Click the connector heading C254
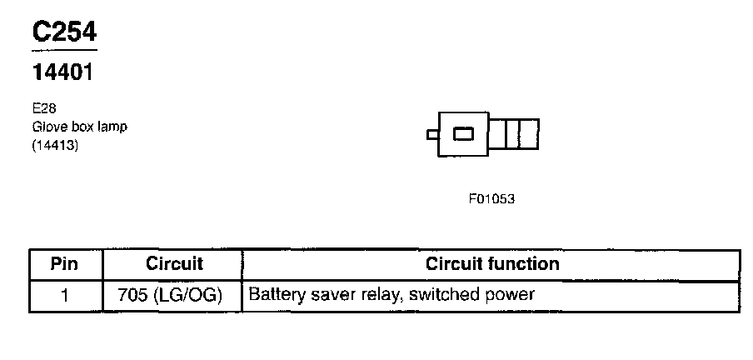pos(64,32)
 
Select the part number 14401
pos(62,72)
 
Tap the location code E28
pos(44,108)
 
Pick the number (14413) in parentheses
pos(55,145)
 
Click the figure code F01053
pos(491,199)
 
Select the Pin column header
pos(64,264)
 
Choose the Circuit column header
pos(174,263)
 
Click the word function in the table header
pos(524,263)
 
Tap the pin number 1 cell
pos(64,295)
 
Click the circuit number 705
pos(132,295)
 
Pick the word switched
pos(444,294)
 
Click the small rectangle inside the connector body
pos(463,134)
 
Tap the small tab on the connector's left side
pos(432,134)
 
